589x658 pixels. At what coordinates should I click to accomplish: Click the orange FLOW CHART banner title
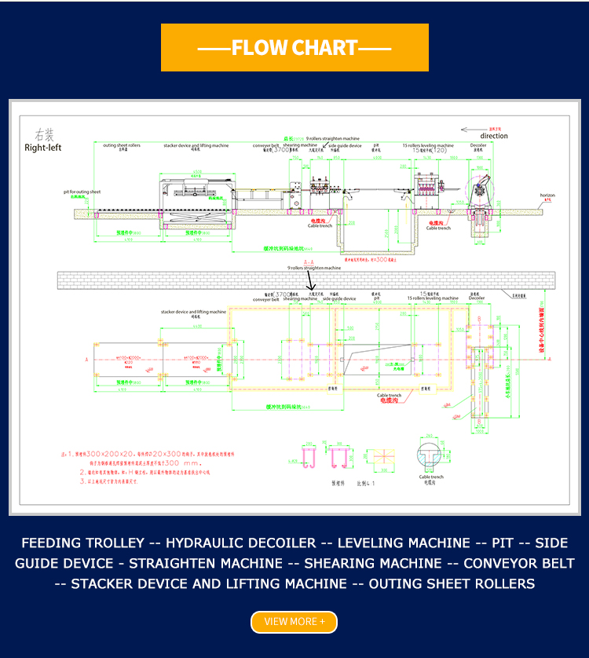coord(294,48)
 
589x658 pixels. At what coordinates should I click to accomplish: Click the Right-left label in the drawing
coord(42,147)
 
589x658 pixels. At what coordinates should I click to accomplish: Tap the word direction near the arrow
coord(493,136)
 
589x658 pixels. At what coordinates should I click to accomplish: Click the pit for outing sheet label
coord(82,192)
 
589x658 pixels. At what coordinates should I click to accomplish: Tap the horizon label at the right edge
coord(547,195)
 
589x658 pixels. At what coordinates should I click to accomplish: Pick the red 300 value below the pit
coord(382,258)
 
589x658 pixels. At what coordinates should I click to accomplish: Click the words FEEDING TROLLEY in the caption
coord(82,543)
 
